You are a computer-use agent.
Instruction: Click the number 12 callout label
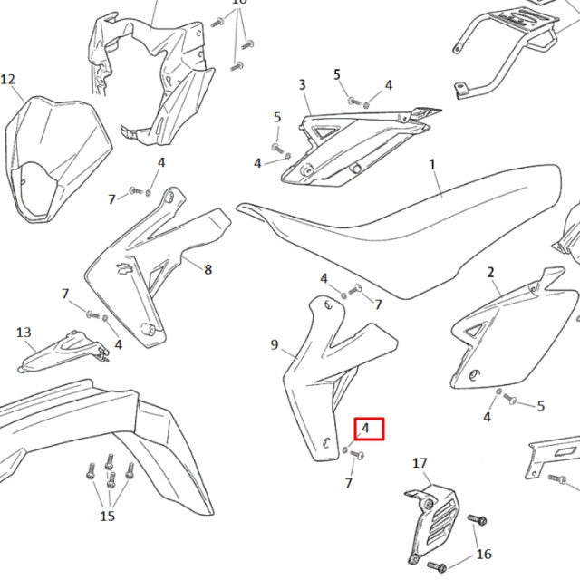(x=8, y=80)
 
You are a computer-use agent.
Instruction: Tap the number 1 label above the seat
(x=432, y=164)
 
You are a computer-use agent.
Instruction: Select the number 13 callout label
(x=24, y=333)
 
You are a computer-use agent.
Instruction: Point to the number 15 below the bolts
(x=107, y=516)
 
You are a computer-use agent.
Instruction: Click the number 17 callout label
(x=420, y=463)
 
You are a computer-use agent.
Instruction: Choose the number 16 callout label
(x=484, y=554)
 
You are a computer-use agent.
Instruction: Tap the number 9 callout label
(x=274, y=344)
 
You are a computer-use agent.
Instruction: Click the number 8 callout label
(x=208, y=270)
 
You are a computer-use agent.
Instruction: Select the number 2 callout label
(x=490, y=273)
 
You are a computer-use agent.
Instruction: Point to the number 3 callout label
(x=302, y=84)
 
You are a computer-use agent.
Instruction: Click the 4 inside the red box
(x=365, y=428)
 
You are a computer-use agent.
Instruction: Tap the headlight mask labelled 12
(x=58, y=159)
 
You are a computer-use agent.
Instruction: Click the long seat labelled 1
(x=400, y=230)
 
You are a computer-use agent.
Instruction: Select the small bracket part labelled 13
(x=63, y=351)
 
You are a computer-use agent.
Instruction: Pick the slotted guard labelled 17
(x=432, y=524)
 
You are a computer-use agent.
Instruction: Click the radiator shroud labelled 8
(x=157, y=267)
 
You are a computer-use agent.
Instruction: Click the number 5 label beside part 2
(x=541, y=406)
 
